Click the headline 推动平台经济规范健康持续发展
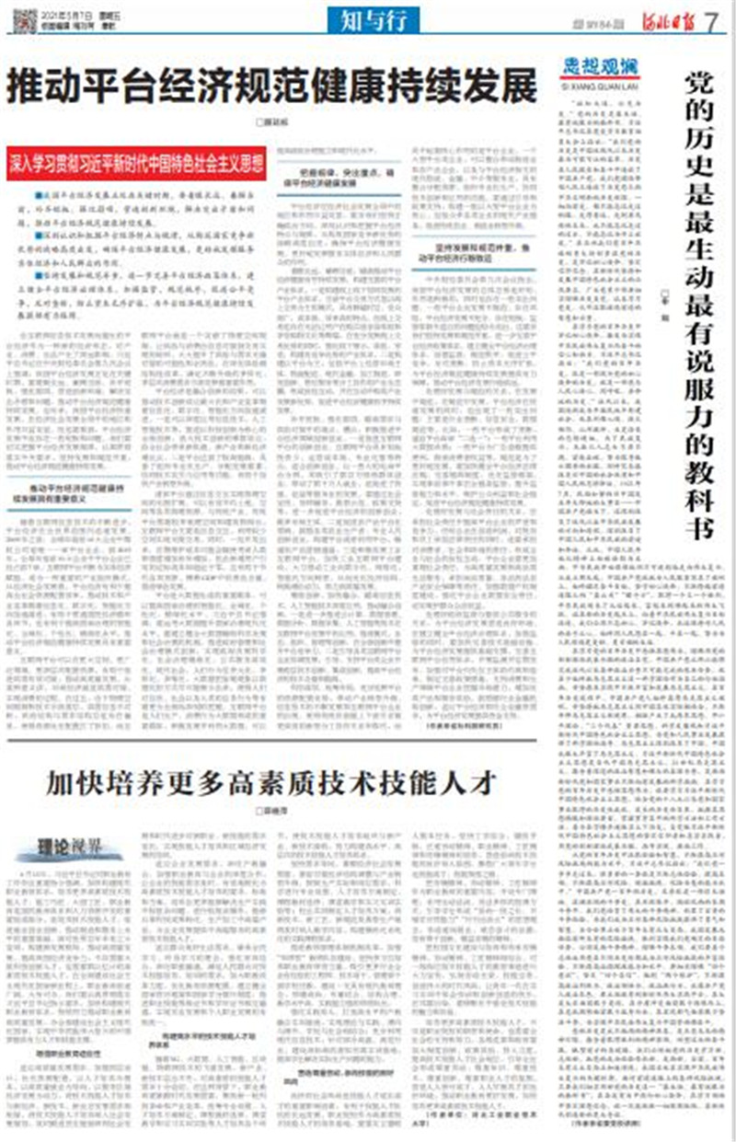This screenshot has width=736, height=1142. click(272, 89)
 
